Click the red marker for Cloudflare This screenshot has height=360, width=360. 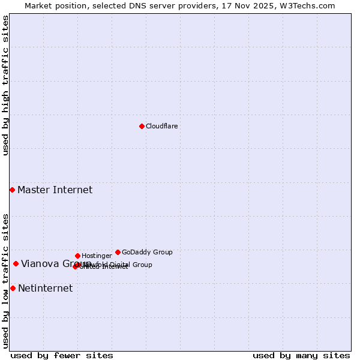pyautogui.click(x=142, y=126)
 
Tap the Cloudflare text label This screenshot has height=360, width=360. pyautogui.click(x=161, y=126)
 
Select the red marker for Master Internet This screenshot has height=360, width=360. pyautogui.click(x=12, y=190)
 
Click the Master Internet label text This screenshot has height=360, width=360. pyautogui.click(x=55, y=190)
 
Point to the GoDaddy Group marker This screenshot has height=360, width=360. pyautogui.click(x=118, y=252)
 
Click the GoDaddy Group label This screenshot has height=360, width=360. pyautogui.click(x=147, y=252)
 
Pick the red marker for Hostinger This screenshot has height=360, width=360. pyautogui.click(x=77, y=256)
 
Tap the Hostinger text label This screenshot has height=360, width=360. pyautogui.click(x=97, y=256)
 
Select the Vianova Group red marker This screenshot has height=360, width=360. pyautogui.click(x=16, y=263)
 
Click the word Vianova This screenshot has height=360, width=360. pyautogui.click(x=40, y=264)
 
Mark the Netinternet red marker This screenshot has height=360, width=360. pyautogui.click(x=13, y=288)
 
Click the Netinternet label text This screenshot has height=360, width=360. pyautogui.click(x=45, y=289)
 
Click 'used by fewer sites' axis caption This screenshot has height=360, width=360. pyautogui.click(x=62, y=355)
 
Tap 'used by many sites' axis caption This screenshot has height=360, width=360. pyautogui.click(x=301, y=355)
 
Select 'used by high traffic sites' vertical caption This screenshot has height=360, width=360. pyautogui.click(x=5, y=85)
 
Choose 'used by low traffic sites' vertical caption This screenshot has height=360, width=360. pyautogui.click(x=5, y=281)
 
